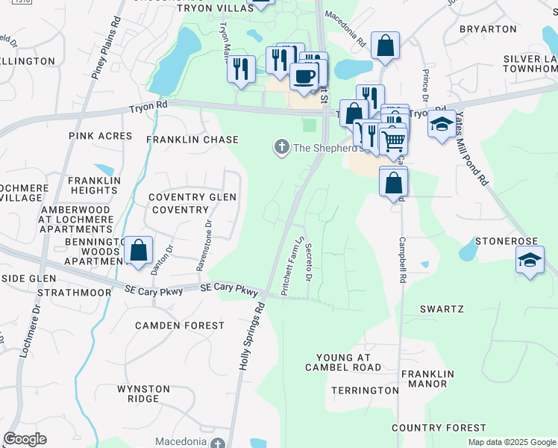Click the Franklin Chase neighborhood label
(x=192, y=140)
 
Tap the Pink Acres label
(x=100, y=137)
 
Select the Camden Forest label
(x=179, y=326)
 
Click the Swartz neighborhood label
(x=442, y=308)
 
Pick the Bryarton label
(x=489, y=29)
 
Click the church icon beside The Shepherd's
(x=282, y=147)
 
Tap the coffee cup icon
(x=304, y=76)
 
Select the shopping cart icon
(x=393, y=140)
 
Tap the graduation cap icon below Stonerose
(x=529, y=261)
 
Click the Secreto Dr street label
(x=307, y=263)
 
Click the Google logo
(x=25, y=439)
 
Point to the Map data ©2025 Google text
(x=511, y=442)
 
